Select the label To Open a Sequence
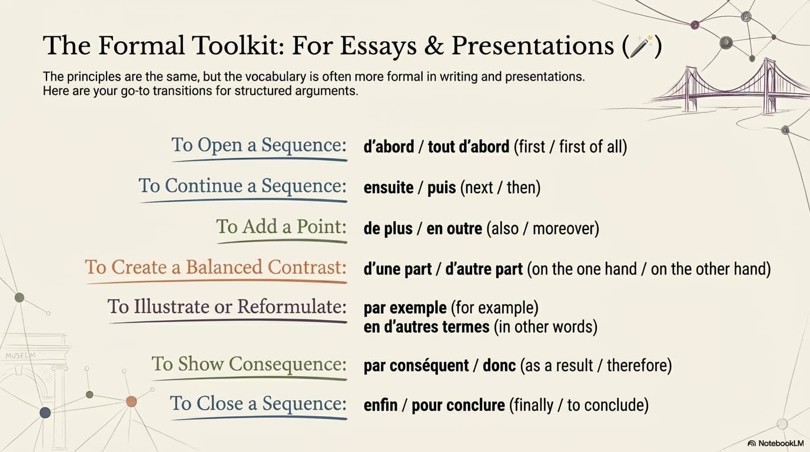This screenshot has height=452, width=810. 259,145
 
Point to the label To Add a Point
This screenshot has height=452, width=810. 281,227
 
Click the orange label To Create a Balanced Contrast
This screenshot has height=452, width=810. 216,268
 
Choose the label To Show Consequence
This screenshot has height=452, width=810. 249,364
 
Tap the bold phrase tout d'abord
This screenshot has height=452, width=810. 469,147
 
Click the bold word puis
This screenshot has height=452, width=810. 441,188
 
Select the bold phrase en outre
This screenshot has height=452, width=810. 454,228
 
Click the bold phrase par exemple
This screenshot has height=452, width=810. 405,308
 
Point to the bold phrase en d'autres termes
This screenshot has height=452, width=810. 427,327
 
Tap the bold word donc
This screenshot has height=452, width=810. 499,365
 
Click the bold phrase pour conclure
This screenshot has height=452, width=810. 458,406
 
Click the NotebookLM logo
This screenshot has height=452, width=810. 775,443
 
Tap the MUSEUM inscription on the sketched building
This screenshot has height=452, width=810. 21,355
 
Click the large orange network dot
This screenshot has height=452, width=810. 131,401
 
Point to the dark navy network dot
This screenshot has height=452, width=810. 45,413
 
